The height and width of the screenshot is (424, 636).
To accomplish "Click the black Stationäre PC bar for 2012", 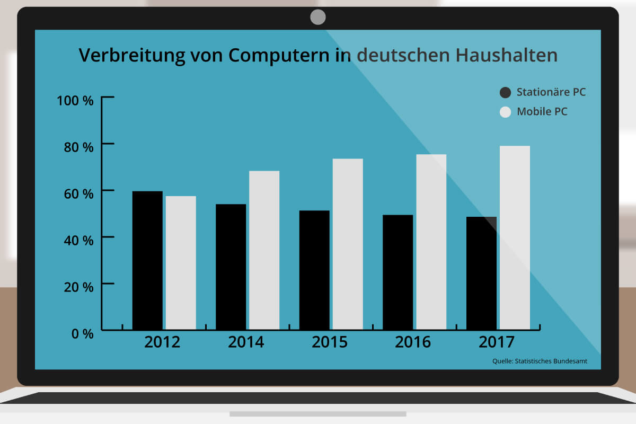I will (147, 260).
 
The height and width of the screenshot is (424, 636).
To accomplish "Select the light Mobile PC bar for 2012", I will (181, 263).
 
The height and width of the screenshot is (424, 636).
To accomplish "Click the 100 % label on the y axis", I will (75, 100).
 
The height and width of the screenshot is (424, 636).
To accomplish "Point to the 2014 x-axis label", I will (246, 342).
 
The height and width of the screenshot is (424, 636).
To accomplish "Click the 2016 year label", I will (413, 342).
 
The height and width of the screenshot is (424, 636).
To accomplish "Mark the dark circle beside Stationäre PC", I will (505, 93).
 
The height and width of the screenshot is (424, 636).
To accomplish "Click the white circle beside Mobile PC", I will (505, 112).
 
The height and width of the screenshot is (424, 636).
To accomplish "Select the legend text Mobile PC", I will (542, 112).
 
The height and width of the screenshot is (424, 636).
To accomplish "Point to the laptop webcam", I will (318, 17).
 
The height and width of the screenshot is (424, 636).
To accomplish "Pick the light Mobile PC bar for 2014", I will (264, 250).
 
